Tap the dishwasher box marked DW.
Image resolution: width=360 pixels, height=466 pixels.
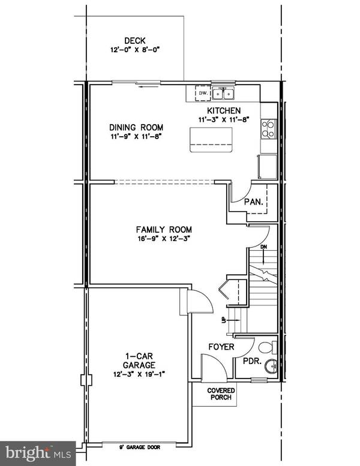(x=203, y=94)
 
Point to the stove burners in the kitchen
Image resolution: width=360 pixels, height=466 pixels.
(x=267, y=128)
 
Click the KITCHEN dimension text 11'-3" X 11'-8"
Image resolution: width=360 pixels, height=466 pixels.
(x=224, y=120)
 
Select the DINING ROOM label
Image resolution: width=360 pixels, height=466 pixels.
(x=136, y=127)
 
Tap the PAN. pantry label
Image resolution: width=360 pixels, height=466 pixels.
(x=253, y=202)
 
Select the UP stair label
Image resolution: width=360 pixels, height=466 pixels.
(x=224, y=320)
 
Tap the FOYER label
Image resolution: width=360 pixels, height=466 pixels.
(x=221, y=347)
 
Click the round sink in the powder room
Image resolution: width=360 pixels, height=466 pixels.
(x=271, y=366)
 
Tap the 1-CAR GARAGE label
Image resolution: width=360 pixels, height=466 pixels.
(x=137, y=360)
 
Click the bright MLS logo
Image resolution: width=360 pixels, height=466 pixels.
(x=37, y=451)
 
